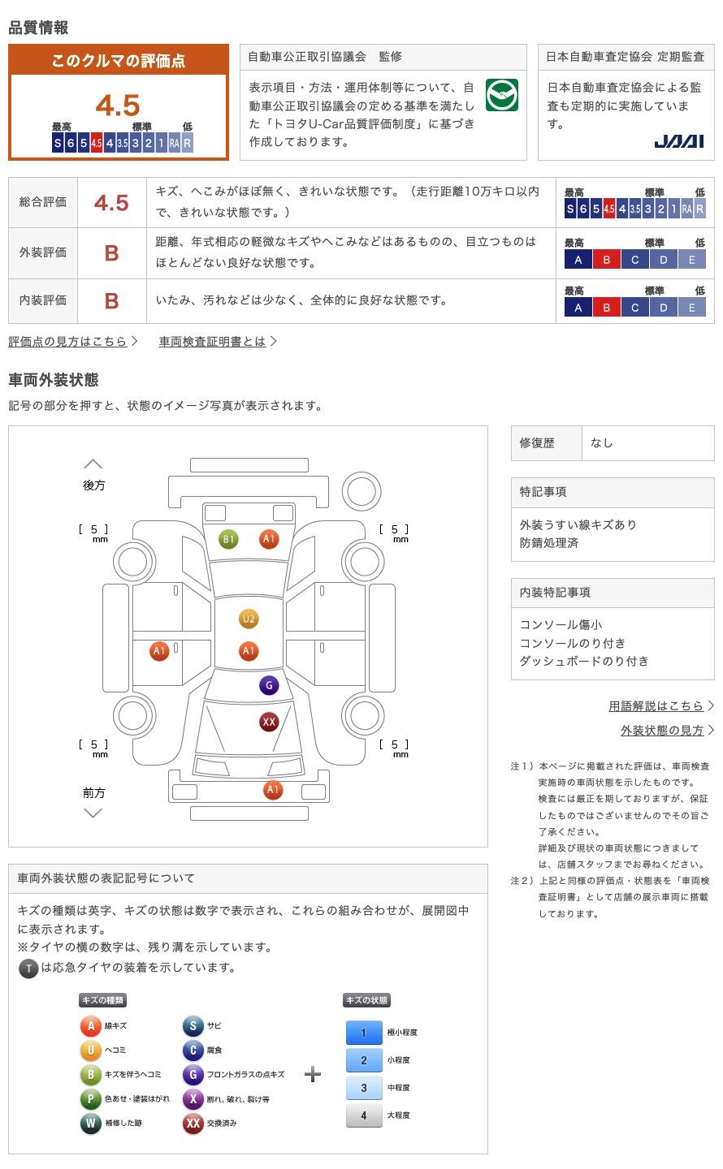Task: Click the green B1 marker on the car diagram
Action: (x=228, y=539)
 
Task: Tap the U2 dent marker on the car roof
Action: (x=249, y=619)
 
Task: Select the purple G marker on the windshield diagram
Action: (x=269, y=685)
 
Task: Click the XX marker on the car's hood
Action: (x=269, y=721)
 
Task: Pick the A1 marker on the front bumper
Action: (x=273, y=790)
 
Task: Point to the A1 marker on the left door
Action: (x=159, y=650)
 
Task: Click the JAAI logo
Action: (x=678, y=141)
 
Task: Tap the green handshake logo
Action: (x=501, y=96)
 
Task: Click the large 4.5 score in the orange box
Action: (x=118, y=106)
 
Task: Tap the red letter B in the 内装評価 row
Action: (x=111, y=301)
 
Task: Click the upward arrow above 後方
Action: (x=93, y=464)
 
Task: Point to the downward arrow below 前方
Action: (x=93, y=813)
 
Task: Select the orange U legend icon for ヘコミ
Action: (x=90, y=1050)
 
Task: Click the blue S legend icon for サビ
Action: (x=193, y=1026)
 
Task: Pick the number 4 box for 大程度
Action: (x=364, y=1115)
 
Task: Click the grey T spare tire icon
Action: (x=28, y=968)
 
